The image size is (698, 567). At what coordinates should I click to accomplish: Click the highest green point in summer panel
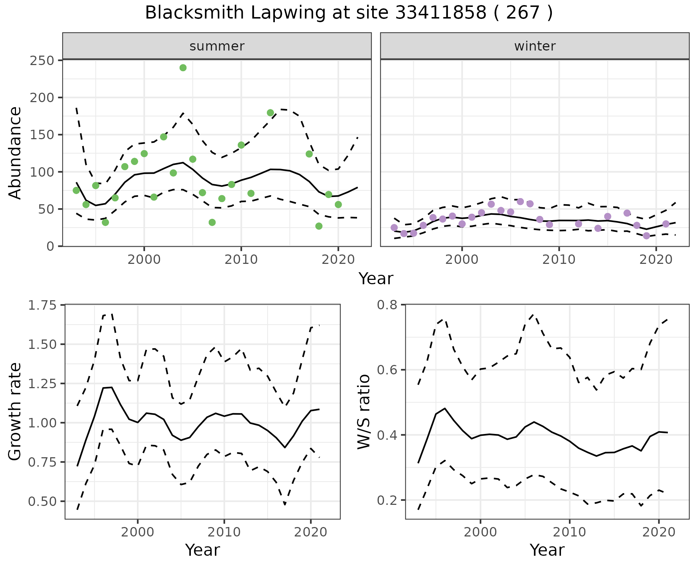[x=183, y=68]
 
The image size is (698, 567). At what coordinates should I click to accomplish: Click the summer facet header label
[x=217, y=46]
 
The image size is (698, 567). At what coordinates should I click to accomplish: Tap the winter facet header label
[x=535, y=46]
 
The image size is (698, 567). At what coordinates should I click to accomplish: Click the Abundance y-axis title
[x=15, y=153]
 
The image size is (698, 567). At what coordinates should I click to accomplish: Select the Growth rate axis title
[x=15, y=412]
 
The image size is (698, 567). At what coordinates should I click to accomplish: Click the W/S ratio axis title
[x=364, y=412]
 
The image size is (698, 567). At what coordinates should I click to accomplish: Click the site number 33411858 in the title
[x=440, y=13]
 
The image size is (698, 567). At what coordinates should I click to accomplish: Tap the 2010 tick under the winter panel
[x=559, y=260]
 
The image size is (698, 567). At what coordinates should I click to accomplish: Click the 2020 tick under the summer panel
[x=338, y=260]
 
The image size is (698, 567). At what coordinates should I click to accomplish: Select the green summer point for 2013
[x=270, y=113]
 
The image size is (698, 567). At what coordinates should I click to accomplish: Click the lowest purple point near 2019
[x=646, y=236]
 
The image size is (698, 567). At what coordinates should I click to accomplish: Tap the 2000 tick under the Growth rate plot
[x=137, y=532]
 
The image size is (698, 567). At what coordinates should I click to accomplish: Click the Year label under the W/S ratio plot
[x=547, y=550]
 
